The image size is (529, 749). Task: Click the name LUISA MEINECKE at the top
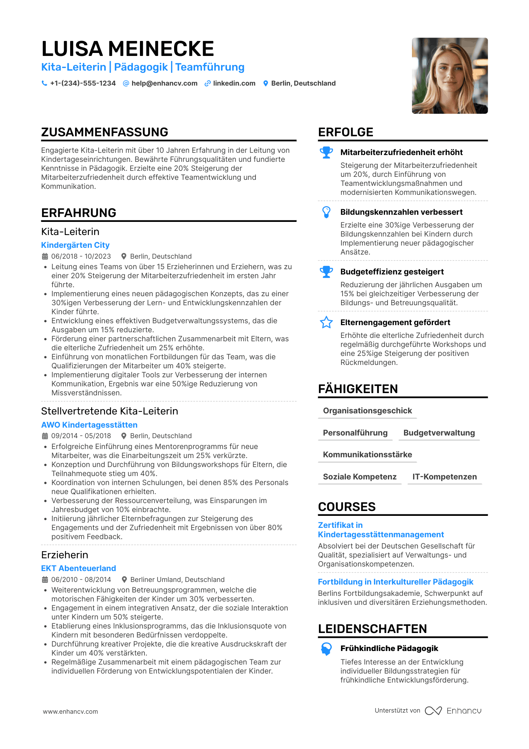[128, 49]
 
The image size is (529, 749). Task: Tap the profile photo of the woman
[449, 75]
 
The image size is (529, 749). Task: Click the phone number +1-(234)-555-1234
[83, 83]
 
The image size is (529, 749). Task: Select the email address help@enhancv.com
[164, 83]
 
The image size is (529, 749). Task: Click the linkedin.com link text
[234, 83]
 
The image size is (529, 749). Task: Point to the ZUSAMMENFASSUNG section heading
[105, 132]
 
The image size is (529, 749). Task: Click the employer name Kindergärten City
[75, 245]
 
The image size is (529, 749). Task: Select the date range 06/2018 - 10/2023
[81, 256]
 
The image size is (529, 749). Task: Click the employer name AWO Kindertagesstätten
[89, 425]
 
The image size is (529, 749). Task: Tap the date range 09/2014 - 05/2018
[81, 436]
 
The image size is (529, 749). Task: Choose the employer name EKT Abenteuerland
[78, 568]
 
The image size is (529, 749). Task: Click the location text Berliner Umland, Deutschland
[177, 580]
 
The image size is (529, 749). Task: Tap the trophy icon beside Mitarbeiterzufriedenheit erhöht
[326, 152]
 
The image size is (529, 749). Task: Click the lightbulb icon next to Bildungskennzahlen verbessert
[326, 212]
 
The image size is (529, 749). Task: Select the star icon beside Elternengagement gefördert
[326, 323]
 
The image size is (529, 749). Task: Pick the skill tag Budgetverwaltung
[439, 433]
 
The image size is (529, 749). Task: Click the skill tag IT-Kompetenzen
[445, 477]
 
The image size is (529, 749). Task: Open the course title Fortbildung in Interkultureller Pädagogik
[395, 582]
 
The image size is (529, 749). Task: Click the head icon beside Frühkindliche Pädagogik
[326, 649]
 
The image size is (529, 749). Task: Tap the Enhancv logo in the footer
[453, 711]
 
